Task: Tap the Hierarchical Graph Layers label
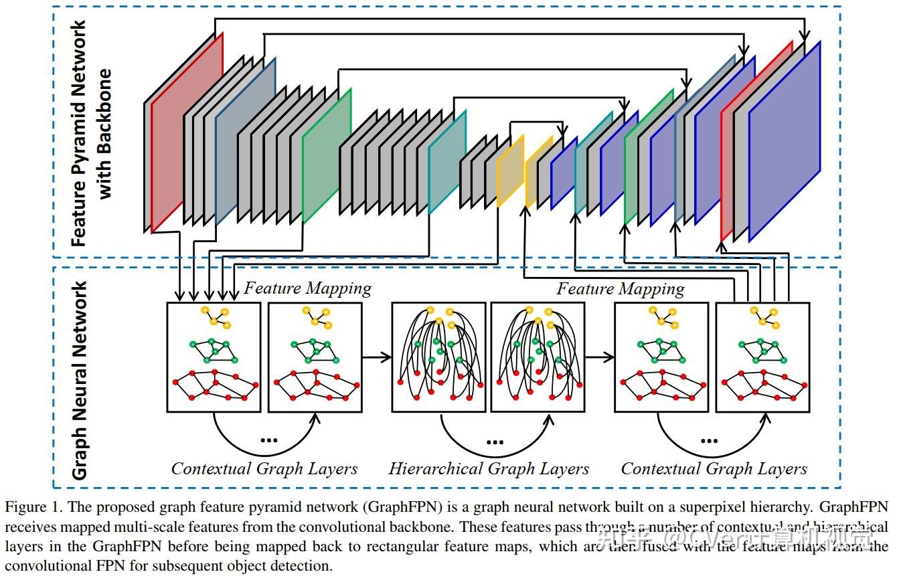(489, 469)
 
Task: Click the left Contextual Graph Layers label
(264, 469)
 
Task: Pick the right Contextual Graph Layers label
(714, 469)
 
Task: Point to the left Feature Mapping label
(307, 288)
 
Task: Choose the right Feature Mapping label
(620, 288)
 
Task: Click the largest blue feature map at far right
(785, 140)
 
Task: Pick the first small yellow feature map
(510, 171)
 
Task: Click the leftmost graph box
(214, 357)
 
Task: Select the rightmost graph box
(762, 357)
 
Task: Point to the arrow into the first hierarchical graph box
(377, 357)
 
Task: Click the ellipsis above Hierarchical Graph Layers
(494, 441)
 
